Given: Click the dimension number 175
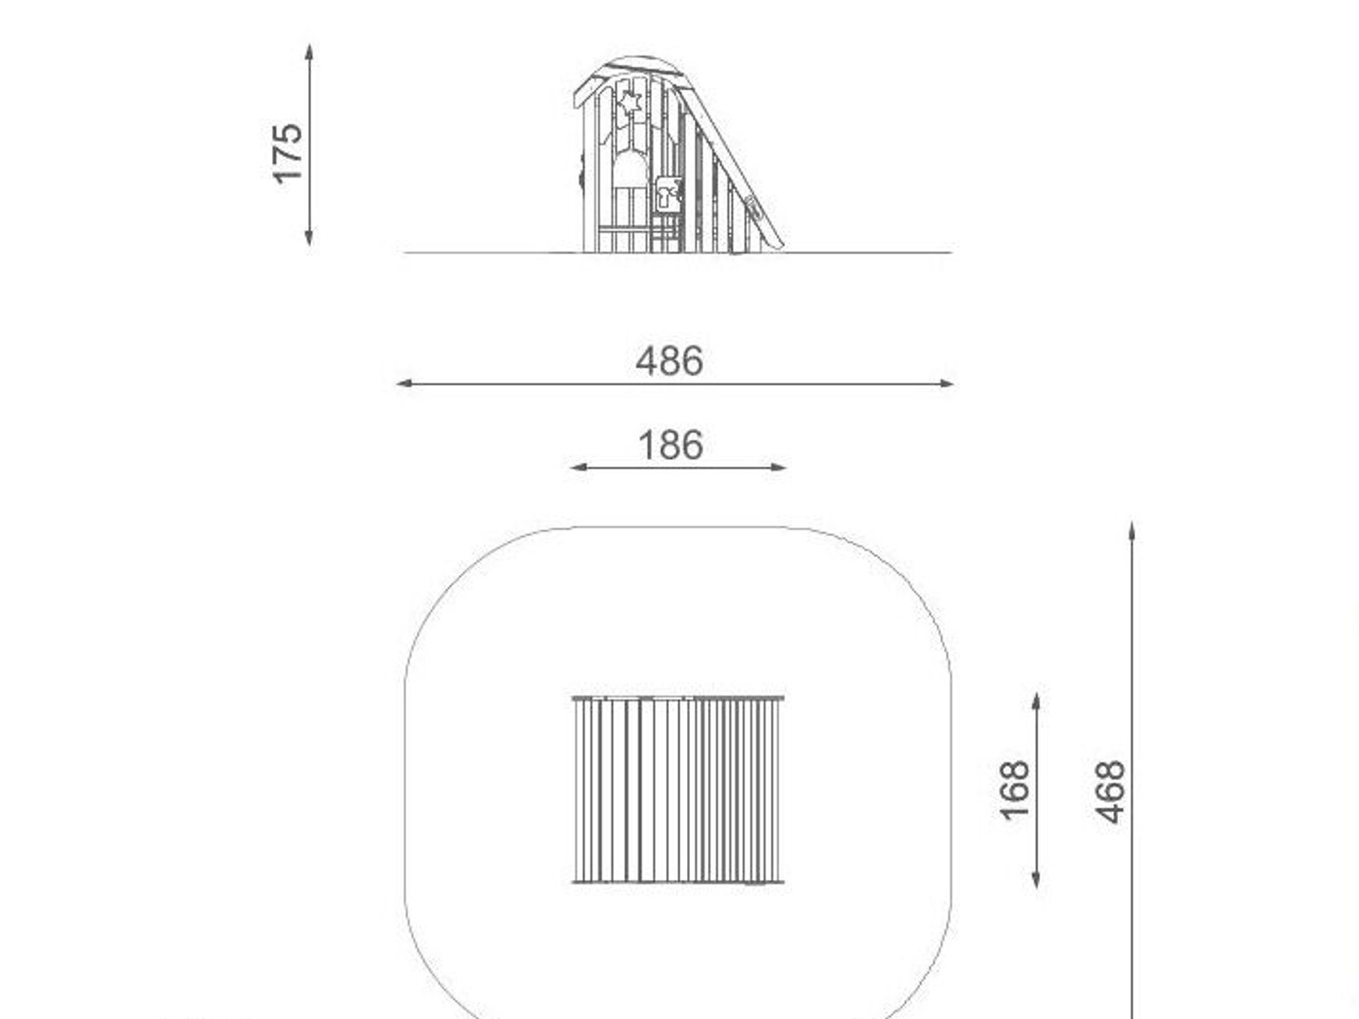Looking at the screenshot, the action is coord(287,153).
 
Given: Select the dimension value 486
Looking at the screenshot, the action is coord(670,361).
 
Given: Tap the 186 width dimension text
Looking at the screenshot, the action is coord(671,446).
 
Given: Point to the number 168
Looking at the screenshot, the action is coord(1014,790).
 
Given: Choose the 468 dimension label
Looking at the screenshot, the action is coord(1110,791).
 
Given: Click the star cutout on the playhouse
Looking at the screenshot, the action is coord(628,102).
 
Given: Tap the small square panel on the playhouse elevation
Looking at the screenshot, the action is coord(668,194).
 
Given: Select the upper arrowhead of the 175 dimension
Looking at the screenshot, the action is coord(310,51).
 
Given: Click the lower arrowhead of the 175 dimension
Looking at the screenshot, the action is coord(310,237).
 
